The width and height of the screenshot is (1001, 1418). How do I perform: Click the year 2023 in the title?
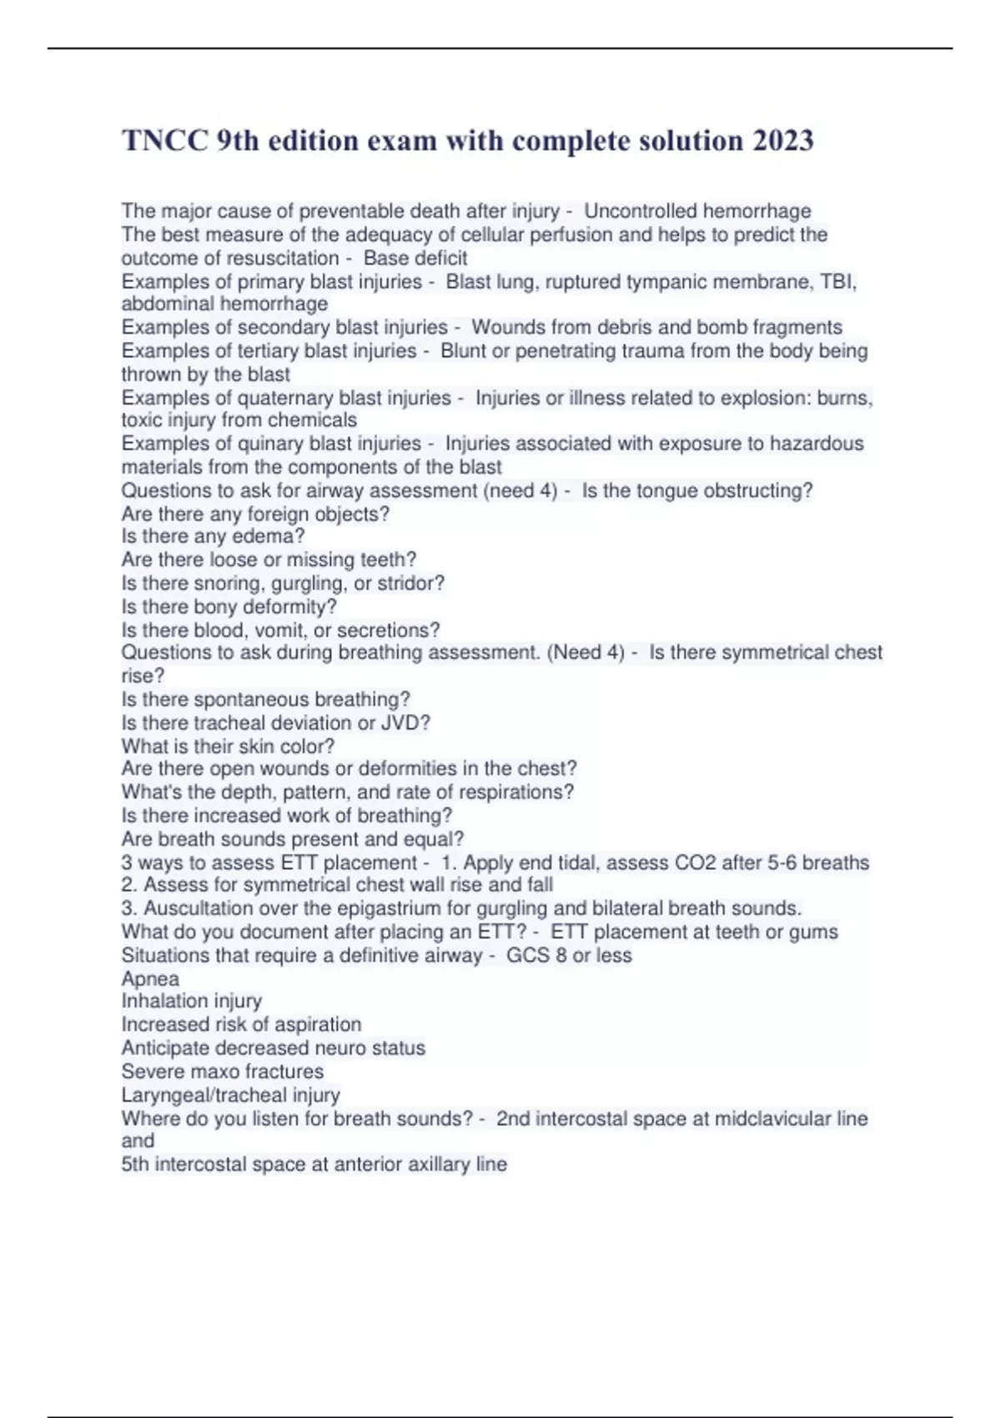point(782,140)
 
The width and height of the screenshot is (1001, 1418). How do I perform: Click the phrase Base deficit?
point(415,258)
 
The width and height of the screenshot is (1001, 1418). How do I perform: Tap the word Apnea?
point(150,978)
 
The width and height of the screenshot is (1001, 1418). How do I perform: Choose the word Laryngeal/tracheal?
point(230,1094)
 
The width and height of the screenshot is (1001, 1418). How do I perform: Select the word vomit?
point(282,630)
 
